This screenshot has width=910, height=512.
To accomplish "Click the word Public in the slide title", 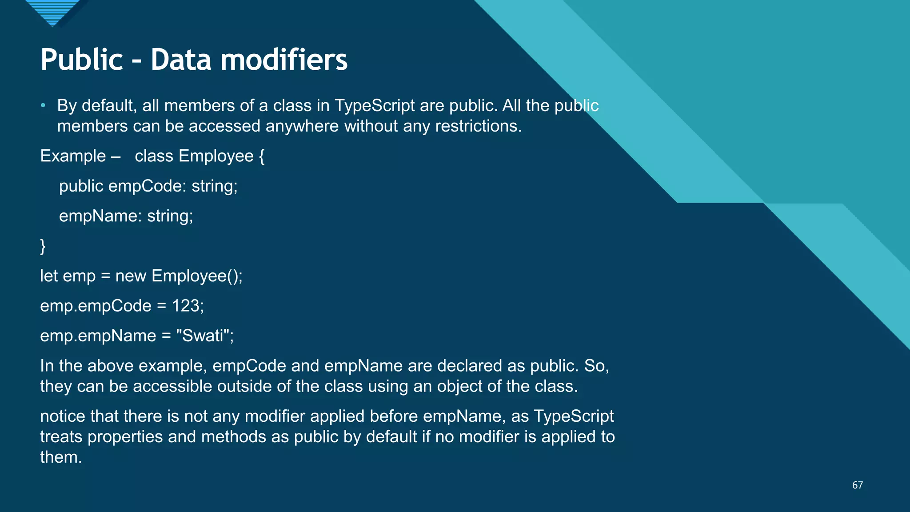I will [81, 60].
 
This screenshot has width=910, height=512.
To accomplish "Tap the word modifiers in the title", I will [284, 60].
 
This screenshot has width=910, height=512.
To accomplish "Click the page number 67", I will [857, 485].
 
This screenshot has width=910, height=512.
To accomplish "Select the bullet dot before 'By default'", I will [43, 106].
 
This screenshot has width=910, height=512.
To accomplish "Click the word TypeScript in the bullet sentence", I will [375, 106].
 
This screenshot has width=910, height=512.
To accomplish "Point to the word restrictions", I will [478, 126].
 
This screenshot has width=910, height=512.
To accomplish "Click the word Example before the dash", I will [73, 156].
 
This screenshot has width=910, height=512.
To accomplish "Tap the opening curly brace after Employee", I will [262, 156].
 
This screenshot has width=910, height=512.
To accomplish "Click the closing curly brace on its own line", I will [43, 246].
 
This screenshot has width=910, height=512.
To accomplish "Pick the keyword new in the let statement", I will [131, 276].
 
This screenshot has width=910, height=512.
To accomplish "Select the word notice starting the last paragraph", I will [63, 416].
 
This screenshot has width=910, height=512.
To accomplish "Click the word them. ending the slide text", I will [61, 457].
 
